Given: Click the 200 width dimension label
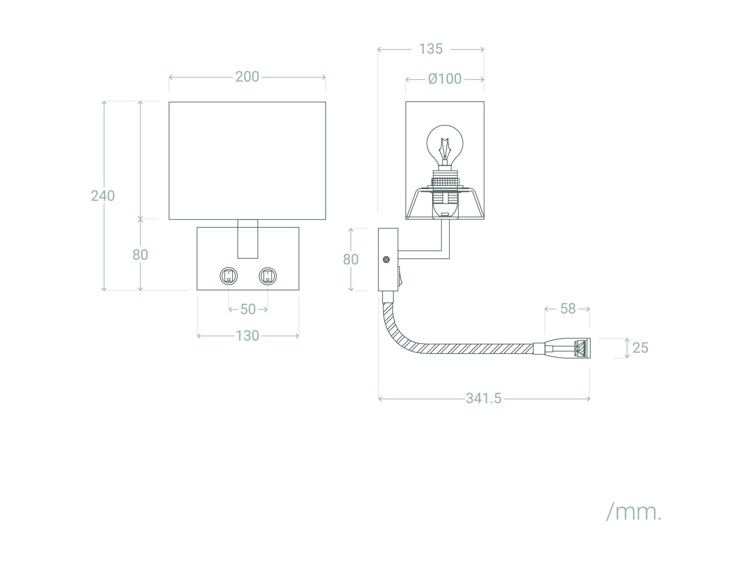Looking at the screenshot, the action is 247,77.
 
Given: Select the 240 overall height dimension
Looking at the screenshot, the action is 102,195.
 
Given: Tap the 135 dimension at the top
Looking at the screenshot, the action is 430,49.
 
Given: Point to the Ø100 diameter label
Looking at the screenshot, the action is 445,79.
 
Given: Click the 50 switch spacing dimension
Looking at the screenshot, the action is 248,309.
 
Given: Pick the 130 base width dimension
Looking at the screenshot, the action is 247,335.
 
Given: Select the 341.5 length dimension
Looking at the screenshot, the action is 483,398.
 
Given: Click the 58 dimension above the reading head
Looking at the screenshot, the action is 567,308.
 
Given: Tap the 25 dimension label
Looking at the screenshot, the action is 640,347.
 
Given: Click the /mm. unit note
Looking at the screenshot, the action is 634,512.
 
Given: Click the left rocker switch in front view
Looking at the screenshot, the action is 229,276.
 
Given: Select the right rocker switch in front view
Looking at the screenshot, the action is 267,276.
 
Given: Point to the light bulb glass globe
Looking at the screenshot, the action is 445,144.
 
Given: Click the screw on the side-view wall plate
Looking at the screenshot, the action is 387,260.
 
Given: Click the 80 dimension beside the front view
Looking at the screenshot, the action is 140,255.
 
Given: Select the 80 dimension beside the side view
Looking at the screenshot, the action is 350,259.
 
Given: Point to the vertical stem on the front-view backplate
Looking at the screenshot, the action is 247,239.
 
